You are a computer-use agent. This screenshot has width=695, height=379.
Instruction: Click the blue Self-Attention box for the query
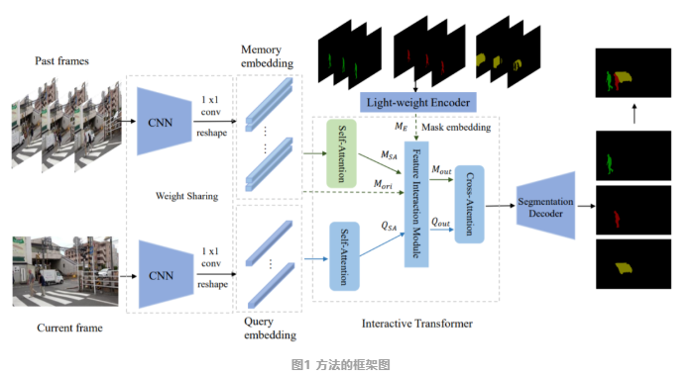pos(343,255)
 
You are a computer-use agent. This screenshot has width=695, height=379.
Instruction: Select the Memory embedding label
pos(268,56)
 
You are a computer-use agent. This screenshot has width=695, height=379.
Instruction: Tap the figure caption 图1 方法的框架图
pos(347,363)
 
